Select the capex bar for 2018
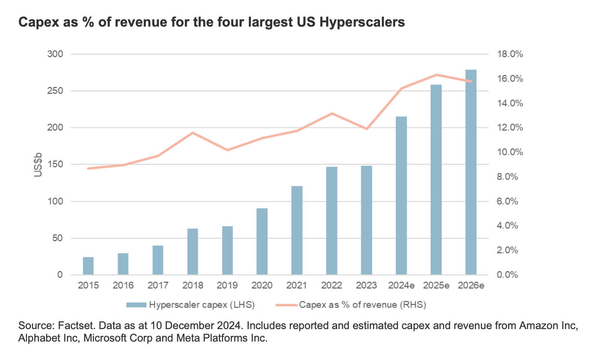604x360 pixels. click(x=193, y=252)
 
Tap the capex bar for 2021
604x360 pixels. click(x=297, y=230)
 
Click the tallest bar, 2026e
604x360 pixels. click(x=471, y=172)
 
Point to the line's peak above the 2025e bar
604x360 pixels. click(x=436, y=75)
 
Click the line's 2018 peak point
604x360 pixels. click(x=193, y=133)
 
